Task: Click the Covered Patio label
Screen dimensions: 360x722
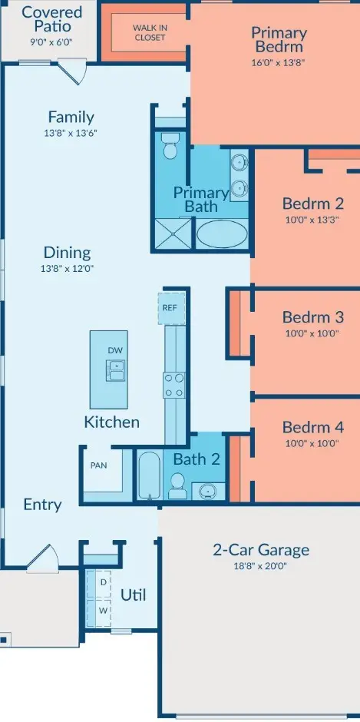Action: [x=51, y=18]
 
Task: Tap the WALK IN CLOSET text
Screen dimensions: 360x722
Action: [x=150, y=33]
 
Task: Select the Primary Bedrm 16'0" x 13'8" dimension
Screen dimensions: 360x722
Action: [x=279, y=62]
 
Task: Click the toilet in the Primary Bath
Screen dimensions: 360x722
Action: [x=170, y=146]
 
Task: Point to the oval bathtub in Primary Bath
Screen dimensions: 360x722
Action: [x=222, y=234]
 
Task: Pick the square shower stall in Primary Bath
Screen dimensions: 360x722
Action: [x=173, y=234]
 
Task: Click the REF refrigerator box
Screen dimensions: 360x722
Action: [x=171, y=308]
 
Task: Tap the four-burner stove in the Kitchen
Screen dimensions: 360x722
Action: [x=174, y=385]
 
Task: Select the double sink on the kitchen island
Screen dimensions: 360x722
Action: [x=115, y=371]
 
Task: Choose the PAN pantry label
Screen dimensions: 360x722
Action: [x=98, y=465]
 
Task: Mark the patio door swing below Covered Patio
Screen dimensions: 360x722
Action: [x=74, y=72]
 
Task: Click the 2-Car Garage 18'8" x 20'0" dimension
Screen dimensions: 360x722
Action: [x=260, y=566]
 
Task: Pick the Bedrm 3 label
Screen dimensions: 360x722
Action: [x=313, y=317]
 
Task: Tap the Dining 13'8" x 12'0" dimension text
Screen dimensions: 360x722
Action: [x=68, y=269]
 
